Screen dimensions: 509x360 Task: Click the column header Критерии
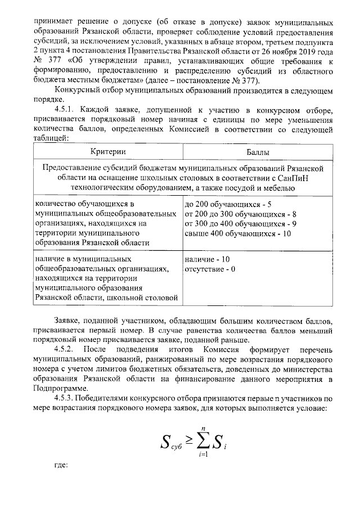click(107, 152)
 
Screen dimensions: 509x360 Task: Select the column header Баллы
click(257, 152)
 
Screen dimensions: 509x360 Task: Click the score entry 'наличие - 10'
click(206, 259)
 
